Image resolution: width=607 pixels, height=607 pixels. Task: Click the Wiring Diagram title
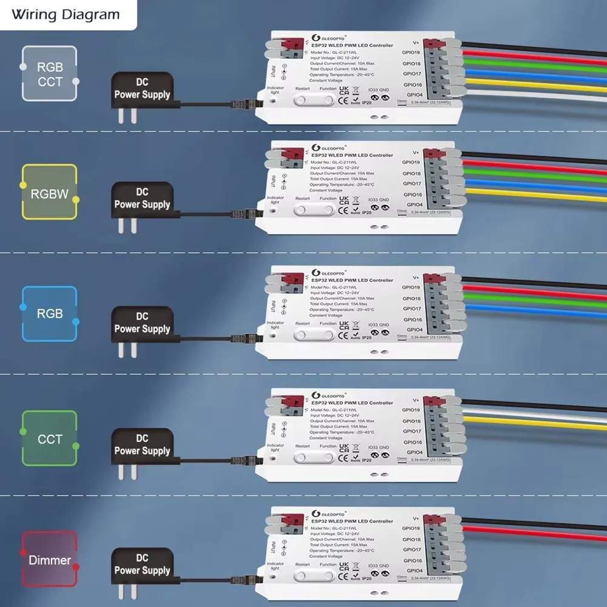[65, 15]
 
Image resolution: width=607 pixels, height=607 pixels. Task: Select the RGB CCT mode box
[50, 73]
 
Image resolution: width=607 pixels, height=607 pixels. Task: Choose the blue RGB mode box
[50, 314]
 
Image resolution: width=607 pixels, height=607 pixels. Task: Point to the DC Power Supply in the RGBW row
[142, 198]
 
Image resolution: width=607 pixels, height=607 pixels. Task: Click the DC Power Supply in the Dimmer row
[142, 564]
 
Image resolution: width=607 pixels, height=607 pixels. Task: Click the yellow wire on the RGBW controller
[534, 194]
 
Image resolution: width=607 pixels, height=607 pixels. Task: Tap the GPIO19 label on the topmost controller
[411, 52]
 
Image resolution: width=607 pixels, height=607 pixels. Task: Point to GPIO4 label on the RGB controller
[415, 330]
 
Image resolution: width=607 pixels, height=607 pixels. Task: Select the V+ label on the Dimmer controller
[416, 518]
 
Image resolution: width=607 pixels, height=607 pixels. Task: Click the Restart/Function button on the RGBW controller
[314, 210]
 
